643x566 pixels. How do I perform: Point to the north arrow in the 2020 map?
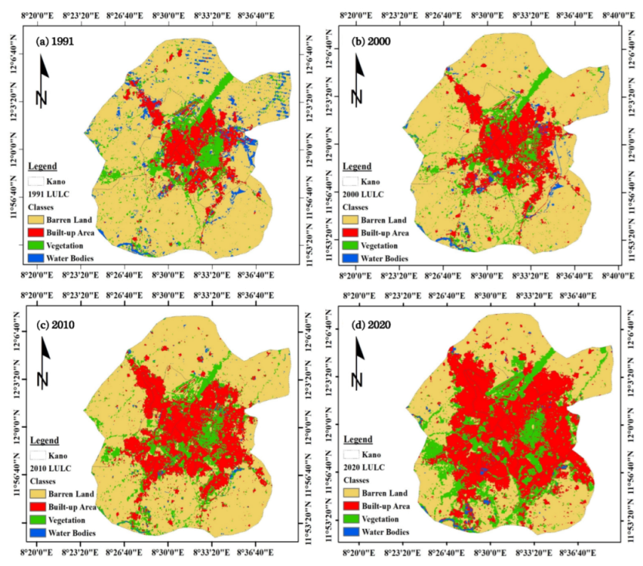358,362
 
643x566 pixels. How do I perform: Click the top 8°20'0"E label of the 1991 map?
37,14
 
